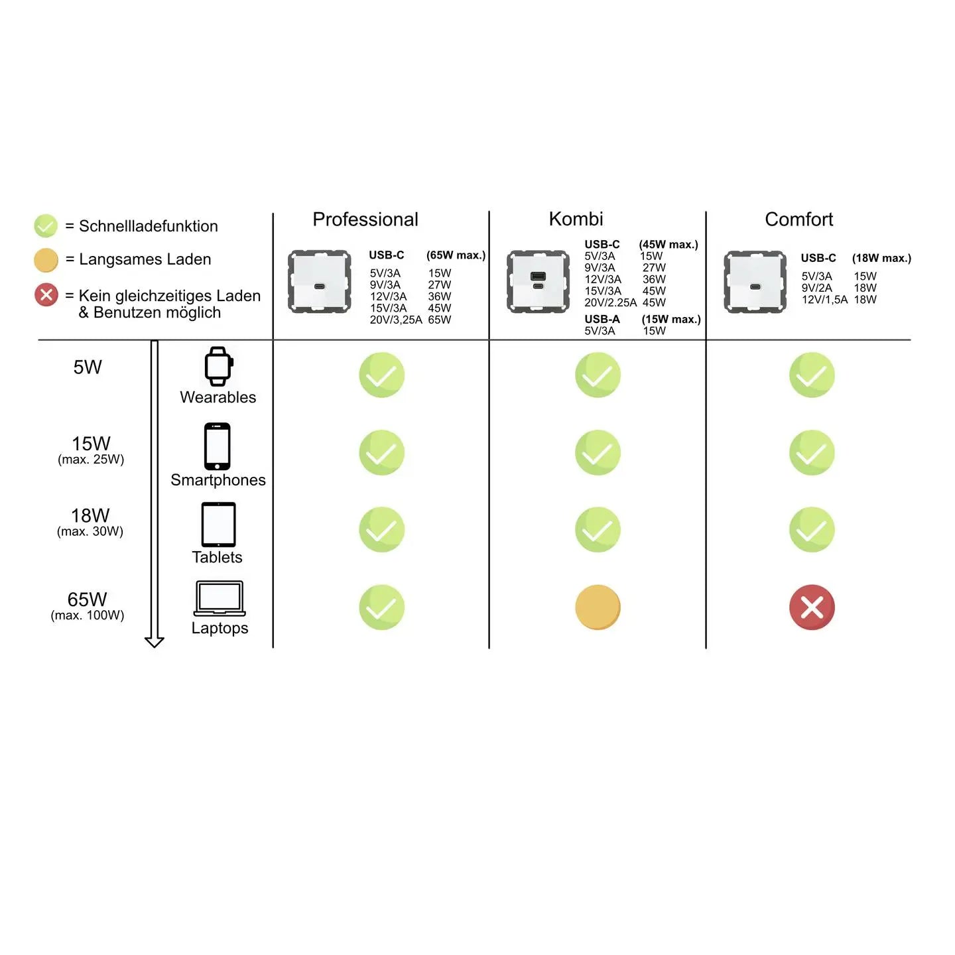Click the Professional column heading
[365, 220]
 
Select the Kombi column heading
[576, 219]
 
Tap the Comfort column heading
[798, 220]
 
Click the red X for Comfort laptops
[812, 607]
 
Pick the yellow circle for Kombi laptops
[598, 607]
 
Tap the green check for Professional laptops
[382, 607]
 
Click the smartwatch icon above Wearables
[218, 366]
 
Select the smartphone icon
[218, 446]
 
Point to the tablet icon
[218, 525]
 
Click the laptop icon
[220, 598]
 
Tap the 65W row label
[87, 600]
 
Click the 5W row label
[88, 367]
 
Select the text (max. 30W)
[90, 531]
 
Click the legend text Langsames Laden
[145, 259]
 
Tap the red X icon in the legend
[46, 294]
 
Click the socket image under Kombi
[538, 281]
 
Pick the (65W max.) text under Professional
[456, 255]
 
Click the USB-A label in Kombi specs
[602, 319]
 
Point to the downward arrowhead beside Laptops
[155, 641]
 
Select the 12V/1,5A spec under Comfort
[824, 300]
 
